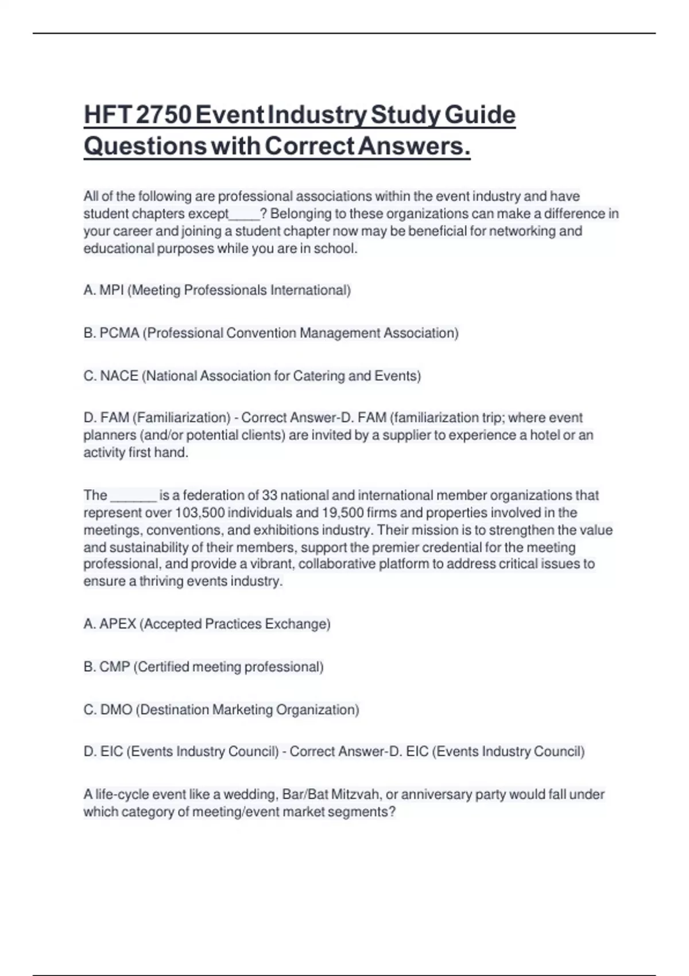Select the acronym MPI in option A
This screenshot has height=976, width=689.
coord(111,291)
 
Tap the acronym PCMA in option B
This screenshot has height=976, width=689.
coord(119,333)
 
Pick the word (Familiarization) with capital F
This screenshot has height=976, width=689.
coord(181,418)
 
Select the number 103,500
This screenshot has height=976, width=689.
coord(199,513)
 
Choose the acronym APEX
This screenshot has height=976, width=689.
coord(118,624)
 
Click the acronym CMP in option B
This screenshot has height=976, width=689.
coord(115,667)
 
